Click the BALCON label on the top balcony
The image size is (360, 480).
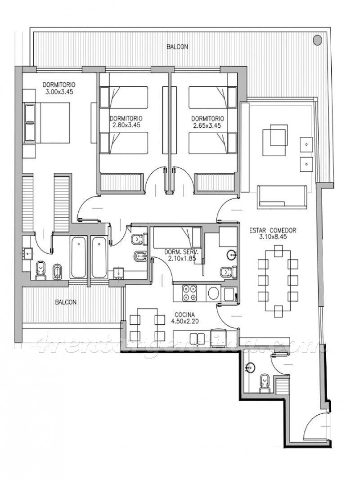(x=177, y=47)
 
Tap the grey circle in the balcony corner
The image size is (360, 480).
(x=317, y=40)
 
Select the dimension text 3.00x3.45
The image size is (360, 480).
(x=59, y=91)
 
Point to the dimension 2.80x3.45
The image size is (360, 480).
(x=126, y=125)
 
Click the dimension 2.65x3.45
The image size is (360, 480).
(x=207, y=126)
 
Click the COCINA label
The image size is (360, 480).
(x=184, y=314)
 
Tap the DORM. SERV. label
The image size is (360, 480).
(x=181, y=252)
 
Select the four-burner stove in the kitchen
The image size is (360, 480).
(x=189, y=292)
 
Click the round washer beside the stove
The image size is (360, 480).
(x=213, y=293)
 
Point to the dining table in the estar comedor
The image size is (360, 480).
(x=278, y=280)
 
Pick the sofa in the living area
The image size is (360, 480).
(x=282, y=197)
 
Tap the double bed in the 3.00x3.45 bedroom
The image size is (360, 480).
(x=46, y=122)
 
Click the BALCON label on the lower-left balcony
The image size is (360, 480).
(x=66, y=302)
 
